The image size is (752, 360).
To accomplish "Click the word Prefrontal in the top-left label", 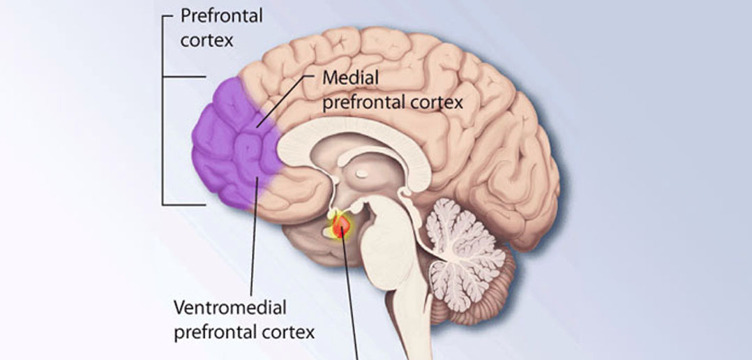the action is pos(221,16).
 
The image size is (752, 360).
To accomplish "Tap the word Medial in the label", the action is pos(351,77).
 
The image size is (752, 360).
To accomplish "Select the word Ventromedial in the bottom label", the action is pos(230,307).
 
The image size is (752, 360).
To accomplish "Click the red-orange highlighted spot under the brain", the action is pos(341,225).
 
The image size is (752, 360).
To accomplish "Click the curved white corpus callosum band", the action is pos(355,137).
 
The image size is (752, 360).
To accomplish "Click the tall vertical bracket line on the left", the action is pos(163,111).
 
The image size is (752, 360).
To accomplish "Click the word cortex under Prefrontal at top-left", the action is pos(206,40).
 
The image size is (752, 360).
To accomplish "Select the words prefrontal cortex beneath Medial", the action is pos(392,103).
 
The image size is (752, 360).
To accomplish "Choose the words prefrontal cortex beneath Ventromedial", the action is pos(244,331).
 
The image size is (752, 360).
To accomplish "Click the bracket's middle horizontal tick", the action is pos(185,77).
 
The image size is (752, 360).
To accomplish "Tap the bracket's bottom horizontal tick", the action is pos(185,204).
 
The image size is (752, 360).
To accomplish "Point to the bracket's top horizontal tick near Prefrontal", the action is pos(168,16).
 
